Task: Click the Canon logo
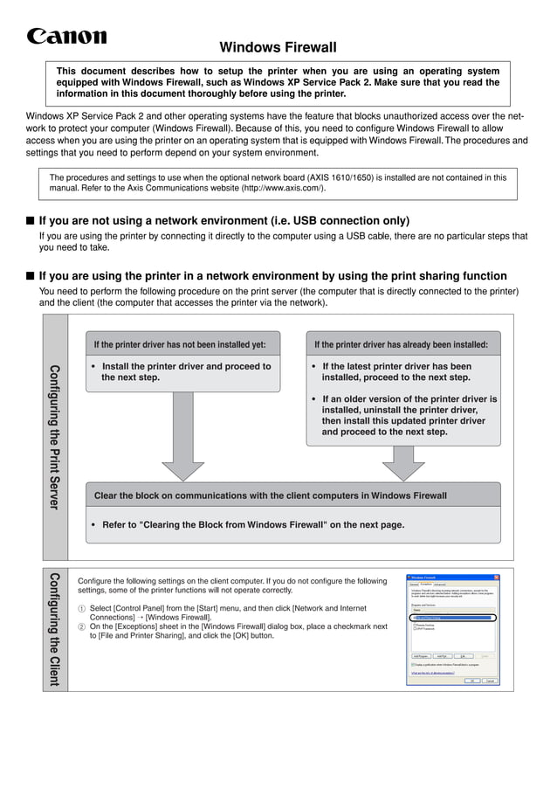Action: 66,36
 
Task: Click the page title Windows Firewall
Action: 278,47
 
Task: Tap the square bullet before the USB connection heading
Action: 30,221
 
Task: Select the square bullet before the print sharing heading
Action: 30,275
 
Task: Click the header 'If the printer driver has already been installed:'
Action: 401,344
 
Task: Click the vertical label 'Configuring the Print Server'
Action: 54,437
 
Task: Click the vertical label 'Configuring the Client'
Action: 54,629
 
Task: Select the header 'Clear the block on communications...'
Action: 270,495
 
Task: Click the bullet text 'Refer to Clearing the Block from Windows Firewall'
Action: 253,525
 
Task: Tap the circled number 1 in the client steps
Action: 82,608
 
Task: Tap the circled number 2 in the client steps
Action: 82,626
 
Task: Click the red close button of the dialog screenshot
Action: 496,578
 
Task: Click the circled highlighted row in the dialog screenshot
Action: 452,617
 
